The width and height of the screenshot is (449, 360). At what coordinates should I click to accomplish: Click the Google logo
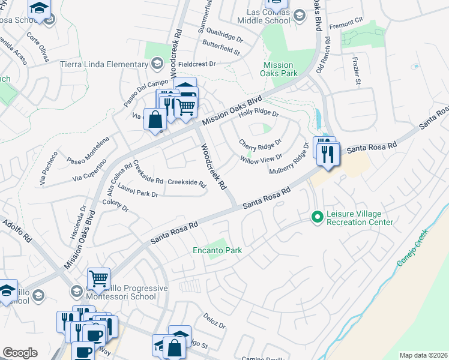click(20, 353)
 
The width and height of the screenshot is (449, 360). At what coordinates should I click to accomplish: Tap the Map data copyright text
click(423, 355)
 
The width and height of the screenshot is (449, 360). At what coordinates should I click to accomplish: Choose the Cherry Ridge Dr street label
click(260, 143)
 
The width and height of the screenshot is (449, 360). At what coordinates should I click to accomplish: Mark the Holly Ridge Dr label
click(259, 113)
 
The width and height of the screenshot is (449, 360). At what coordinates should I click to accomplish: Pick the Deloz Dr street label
click(214, 322)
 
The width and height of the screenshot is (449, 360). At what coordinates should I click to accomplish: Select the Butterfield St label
click(221, 52)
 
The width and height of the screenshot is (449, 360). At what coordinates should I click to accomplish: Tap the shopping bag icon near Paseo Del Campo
click(155, 119)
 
